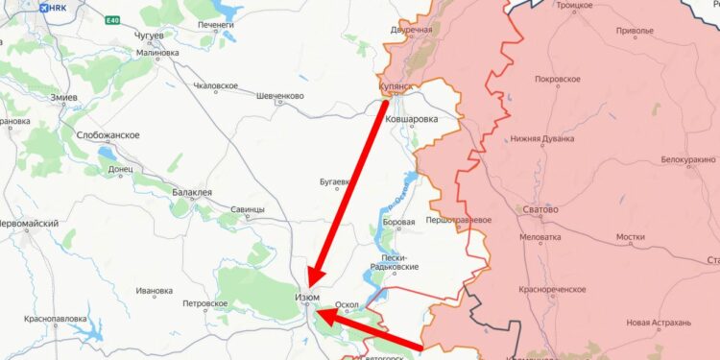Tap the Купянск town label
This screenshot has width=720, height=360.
tap(396, 86)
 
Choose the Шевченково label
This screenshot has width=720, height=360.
tap(280, 96)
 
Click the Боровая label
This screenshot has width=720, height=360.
tap(398, 223)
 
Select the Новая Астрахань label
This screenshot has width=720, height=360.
tap(659, 323)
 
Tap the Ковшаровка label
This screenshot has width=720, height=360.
tap(411, 120)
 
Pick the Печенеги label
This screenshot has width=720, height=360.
tap(216, 24)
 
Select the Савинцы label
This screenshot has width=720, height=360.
tap(248, 209)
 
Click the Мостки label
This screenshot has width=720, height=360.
tap(631, 236)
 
